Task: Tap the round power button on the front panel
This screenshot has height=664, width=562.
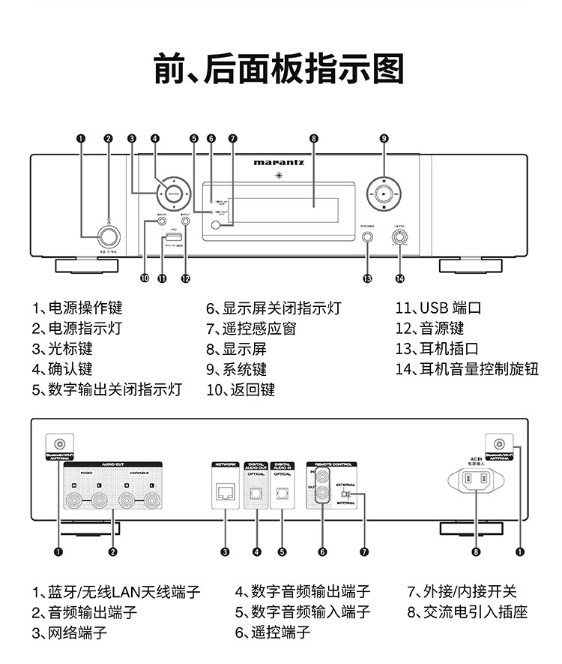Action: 109,237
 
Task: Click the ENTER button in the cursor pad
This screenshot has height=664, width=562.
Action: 174,194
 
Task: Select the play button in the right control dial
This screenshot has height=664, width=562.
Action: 384,194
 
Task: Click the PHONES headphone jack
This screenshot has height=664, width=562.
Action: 367,237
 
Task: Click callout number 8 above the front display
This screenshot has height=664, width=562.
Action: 313,138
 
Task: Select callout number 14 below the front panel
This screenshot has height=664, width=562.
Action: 399,278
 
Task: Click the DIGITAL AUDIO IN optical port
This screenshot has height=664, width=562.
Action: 282,493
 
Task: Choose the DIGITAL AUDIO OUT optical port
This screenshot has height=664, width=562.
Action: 256,493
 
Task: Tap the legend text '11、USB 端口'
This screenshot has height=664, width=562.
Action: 438,308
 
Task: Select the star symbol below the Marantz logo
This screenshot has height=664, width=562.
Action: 279,176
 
